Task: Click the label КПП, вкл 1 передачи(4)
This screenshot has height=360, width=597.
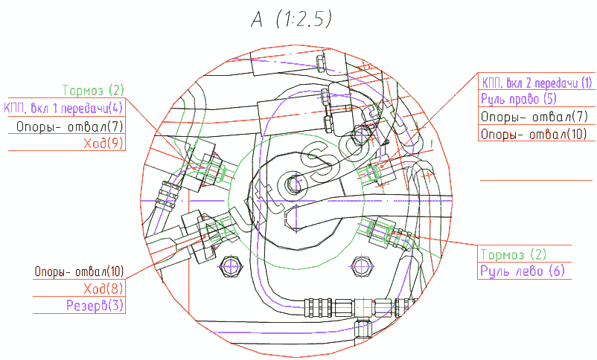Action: tap(63, 108)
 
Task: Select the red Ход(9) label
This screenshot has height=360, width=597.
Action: tap(103, 143)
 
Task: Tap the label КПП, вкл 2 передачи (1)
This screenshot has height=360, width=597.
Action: tap(537, 83)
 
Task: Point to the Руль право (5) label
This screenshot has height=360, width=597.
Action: tap(519, 99)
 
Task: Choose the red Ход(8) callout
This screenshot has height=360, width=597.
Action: tap(103, 289)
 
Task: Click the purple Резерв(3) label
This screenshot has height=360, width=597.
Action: tap(95, 305)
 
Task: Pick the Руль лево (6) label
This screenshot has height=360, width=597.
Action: tap(523, 271)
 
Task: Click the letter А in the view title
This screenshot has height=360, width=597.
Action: tap(257, 19)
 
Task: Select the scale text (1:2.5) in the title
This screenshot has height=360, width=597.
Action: tap(304, 19)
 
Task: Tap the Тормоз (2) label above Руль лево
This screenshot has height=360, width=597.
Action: tap(513, 254)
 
